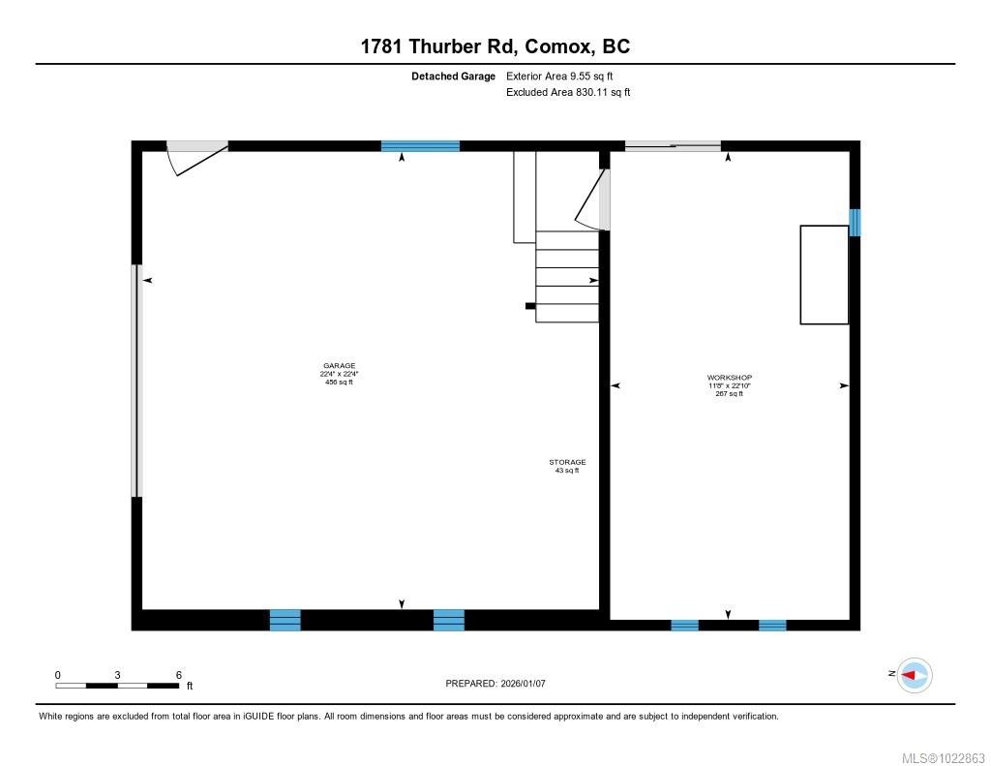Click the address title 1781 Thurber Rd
point(495,46)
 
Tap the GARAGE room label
point(339,366)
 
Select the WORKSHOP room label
point(729,378)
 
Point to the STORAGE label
point(567,463)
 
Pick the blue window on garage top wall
point(420,146)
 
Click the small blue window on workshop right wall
point(855,223)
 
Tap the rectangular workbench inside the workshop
point(824,274)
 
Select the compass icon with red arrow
point(915,675)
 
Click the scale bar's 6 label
point(179,675)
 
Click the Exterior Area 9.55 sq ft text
point(559,76)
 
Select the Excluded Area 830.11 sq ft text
point(568,93)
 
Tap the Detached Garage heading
point(453,76)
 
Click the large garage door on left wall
point(136,381)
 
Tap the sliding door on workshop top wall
point(673,146)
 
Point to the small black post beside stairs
point(529,306)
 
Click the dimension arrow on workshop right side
point(844,385)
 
